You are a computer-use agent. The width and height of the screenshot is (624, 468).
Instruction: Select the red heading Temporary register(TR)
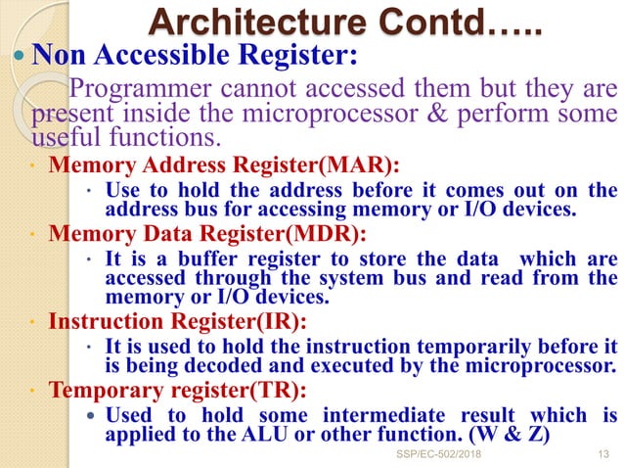tap(178, 391)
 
